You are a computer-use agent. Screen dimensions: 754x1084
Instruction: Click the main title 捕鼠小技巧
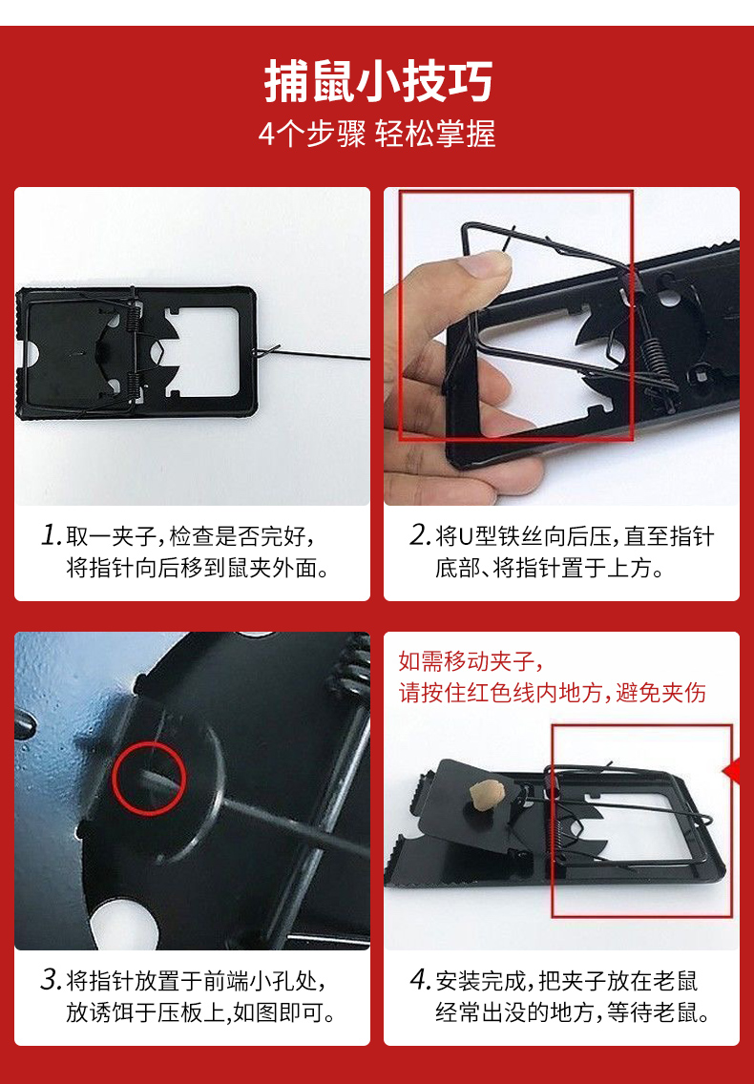(378, 81)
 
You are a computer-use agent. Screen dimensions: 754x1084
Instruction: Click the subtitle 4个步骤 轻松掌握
(377, 134)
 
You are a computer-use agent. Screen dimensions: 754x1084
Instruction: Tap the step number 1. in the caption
(52, 535)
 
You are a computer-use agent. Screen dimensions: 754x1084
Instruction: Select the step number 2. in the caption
(421, 535)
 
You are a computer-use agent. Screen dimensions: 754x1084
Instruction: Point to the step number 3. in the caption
(52, 980)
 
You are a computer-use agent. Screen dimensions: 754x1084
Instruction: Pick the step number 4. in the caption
(421, 980)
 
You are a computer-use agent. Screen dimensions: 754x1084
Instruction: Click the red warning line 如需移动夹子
(471, 661)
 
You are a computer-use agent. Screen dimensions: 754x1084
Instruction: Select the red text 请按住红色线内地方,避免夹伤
(552, 692)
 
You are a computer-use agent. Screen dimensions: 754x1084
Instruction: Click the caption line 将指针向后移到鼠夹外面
(198, 569)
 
